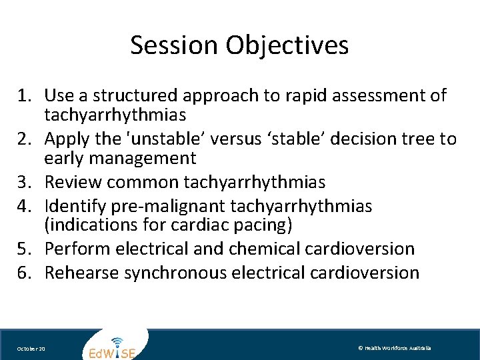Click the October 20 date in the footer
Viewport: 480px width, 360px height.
click(31, 349)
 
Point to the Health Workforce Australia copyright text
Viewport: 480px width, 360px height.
click(394, 348)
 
